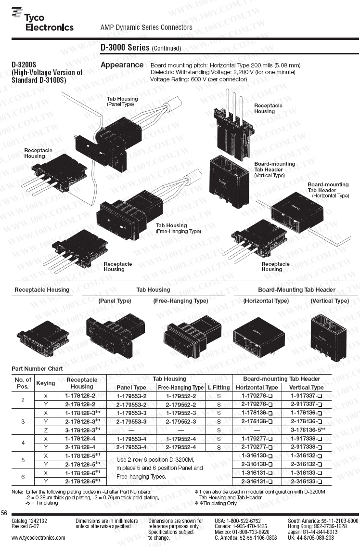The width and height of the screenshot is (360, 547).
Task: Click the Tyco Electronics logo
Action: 42,20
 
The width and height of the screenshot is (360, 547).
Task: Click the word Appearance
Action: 122,65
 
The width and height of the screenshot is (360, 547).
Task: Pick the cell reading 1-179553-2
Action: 131,396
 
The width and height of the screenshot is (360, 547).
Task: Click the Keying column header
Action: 46,383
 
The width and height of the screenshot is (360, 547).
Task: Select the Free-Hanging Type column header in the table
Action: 180,387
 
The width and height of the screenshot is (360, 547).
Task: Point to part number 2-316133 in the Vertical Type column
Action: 306,482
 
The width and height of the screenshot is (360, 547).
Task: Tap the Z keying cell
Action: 46,430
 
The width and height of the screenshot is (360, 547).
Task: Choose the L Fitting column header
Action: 219,387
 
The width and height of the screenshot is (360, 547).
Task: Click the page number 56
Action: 4,512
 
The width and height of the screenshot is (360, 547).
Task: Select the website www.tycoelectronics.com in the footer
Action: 39,537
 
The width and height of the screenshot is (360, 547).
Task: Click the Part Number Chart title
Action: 37,369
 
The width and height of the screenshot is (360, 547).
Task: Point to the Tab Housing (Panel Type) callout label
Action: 122,101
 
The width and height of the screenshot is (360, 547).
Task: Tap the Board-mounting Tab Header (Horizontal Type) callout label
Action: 328,190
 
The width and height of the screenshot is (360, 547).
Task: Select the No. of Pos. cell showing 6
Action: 23,477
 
